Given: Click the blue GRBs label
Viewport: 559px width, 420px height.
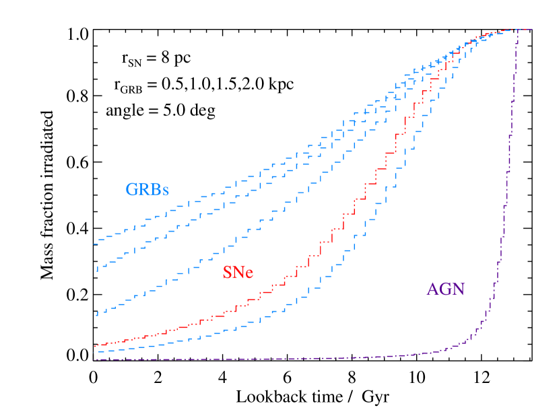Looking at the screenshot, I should pos(147,190).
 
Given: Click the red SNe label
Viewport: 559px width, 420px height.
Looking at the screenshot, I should pos(238,273).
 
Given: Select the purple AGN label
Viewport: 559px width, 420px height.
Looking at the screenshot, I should pos(445,289).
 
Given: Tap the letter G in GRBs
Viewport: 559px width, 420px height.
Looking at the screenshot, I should pos(132,190).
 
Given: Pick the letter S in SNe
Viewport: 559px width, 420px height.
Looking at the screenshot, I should pos(227,273).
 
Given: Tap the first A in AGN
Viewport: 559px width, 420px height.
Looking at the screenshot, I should pos(433,289).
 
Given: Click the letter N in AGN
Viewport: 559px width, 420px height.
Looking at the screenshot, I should pos(458,289).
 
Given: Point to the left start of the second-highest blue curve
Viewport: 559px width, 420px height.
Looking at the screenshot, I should pos(97,269).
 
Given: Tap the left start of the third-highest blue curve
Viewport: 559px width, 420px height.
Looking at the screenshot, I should pos(97,313).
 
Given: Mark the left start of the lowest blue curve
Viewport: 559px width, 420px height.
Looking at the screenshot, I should pos(98,351).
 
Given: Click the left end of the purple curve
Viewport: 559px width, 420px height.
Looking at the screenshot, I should pos(95,359).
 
